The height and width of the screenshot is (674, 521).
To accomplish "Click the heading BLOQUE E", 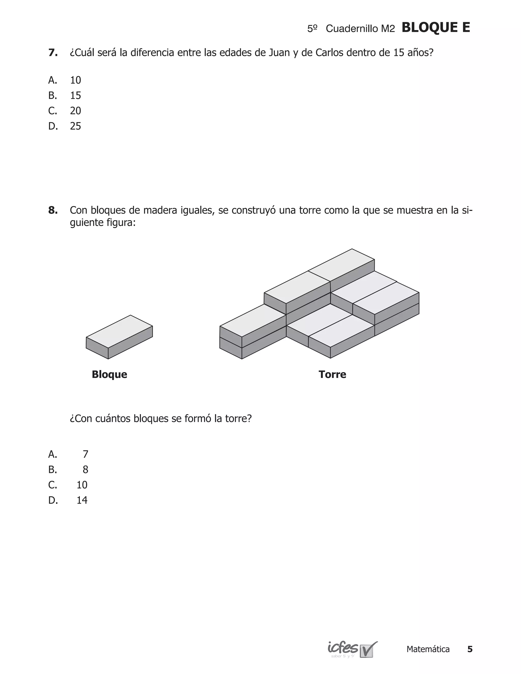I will click(x=436, y=28).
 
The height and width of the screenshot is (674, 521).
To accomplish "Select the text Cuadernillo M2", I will click(x=360, y=29).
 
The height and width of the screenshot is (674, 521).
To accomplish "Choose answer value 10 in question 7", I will click(x=75, y=80).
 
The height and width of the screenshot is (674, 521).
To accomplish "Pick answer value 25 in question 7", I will click(x=75, y=126).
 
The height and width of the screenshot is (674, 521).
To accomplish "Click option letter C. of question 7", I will click(x=52, y=111).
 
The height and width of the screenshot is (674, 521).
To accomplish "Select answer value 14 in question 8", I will click(x=82, y=500).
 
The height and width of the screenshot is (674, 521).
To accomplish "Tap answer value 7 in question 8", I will click(x=85, y=454).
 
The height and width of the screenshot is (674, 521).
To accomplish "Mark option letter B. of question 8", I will click(x=52, y=470).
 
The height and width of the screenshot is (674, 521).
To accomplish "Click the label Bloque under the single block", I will click(x=109, y=374).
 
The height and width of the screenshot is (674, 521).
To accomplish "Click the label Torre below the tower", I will click(x=332, y=374).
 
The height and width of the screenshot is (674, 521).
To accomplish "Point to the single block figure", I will click(x=119, y=337).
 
